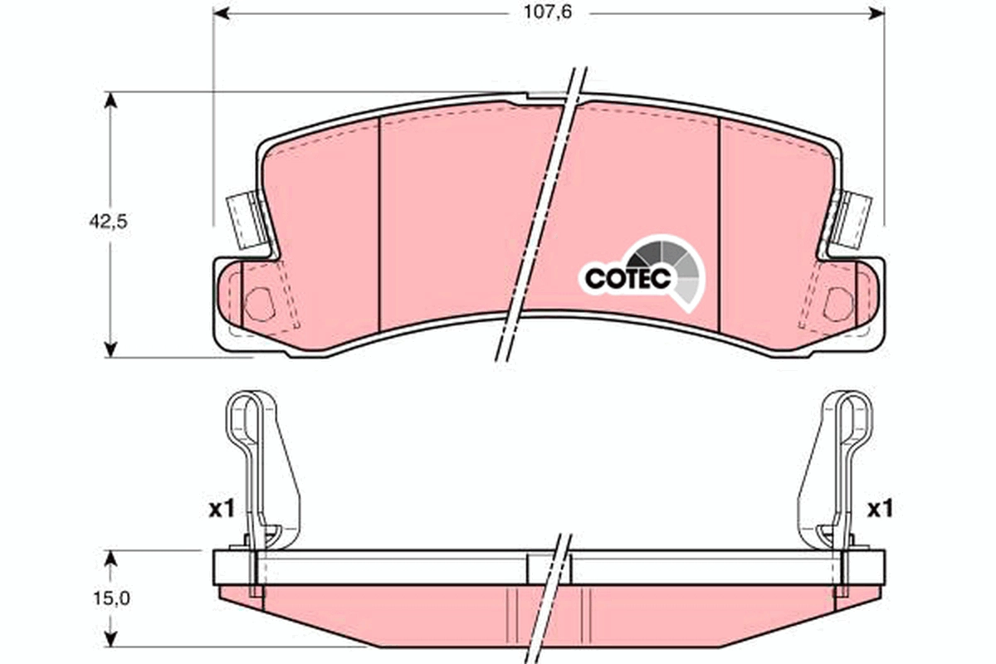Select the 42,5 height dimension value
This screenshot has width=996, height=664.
point(108,222)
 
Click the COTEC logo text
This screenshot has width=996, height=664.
point(627,279)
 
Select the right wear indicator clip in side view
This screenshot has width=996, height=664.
point(838,465)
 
